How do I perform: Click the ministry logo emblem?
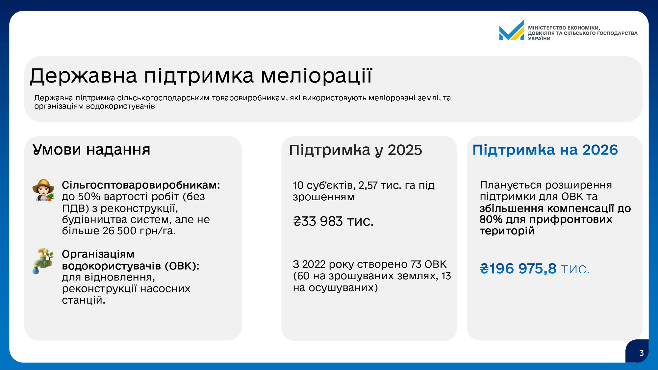512,30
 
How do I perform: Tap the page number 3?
641,353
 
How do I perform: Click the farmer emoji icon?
43,190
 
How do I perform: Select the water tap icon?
43,261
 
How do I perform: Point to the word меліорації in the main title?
316,76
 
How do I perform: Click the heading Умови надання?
91,150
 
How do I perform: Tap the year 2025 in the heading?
405,150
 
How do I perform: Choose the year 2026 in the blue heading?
600,150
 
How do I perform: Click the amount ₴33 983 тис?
333,221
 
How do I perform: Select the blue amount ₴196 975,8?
518,269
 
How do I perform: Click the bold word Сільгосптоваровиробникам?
141,185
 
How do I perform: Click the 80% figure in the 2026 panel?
491,219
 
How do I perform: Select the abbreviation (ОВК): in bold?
182,266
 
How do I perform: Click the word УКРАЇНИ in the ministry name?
539,38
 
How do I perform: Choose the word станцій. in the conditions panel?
84,300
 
